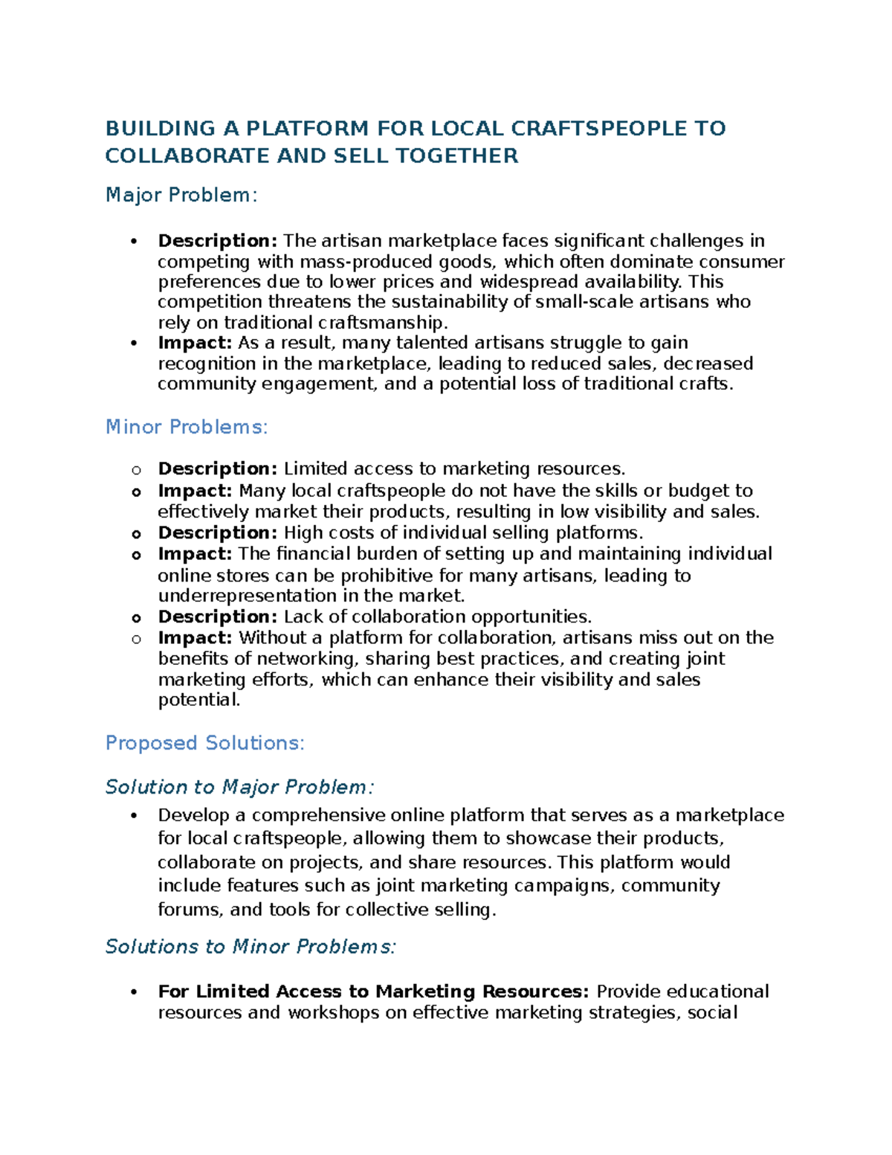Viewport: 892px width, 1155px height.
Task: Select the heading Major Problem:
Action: pos(181,195)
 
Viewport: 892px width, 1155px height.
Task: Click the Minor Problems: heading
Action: pos(187,427)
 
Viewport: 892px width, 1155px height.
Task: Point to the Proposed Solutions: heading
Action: pos(205,743)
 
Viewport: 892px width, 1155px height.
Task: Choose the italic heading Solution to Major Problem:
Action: pos(239,787)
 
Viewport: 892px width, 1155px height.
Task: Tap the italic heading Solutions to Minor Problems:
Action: pos(251,947)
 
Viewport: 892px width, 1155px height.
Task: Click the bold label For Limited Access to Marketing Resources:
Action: pos(374,991)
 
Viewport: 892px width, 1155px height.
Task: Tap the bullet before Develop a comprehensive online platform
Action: pos(135,815)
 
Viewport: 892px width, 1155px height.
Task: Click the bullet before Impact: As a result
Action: pos(135,343)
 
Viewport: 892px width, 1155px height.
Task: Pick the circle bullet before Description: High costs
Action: pos(136,534)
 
